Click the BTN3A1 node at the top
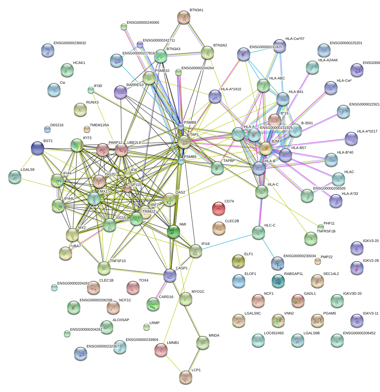(x=184, y=17)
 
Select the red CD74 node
(x=219, y=208)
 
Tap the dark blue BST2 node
(x=37, y=148)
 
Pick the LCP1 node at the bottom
(x=185, y=377)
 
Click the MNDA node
(x=203, y=343)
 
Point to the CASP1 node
(x=170, y=274)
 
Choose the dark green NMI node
(x=174, y=231)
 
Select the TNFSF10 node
(x=104, y=268)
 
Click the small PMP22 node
(x=317, y=261)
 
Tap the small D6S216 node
(x=47, y=129)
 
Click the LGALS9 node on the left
(x=14, y=176)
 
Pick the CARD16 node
(x=153, y=304)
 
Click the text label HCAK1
(x=79, y=63)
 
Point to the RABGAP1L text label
(x=293, y=274)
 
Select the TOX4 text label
(x=144, y=281)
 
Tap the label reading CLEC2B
(x=232, y=221)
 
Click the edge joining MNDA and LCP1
(x=194, y=359)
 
